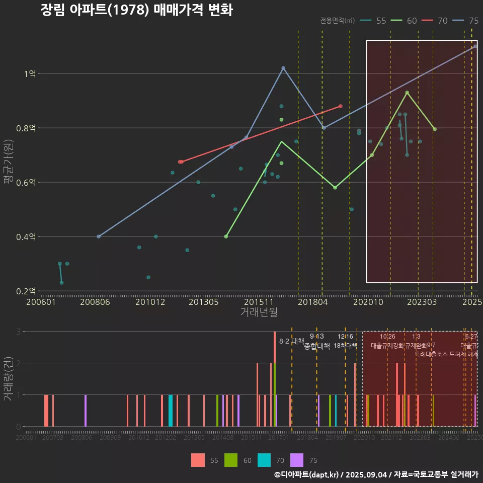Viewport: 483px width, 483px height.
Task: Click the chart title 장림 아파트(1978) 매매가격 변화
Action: [136, 10]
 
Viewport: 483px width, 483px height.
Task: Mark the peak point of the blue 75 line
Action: [283, 68]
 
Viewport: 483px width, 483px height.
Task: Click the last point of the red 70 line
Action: [341, 106]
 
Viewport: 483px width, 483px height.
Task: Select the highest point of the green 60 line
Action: [407, 93]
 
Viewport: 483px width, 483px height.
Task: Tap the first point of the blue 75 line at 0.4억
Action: [99, 236]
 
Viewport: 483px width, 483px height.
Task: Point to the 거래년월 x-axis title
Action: [259, 312]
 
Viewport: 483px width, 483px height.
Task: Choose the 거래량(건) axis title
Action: [9, 379]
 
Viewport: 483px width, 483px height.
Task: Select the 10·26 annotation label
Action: [387, 337]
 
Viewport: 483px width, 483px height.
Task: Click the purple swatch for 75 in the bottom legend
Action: [297, 460]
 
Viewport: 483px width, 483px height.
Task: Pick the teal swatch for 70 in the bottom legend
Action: [264, 460]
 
